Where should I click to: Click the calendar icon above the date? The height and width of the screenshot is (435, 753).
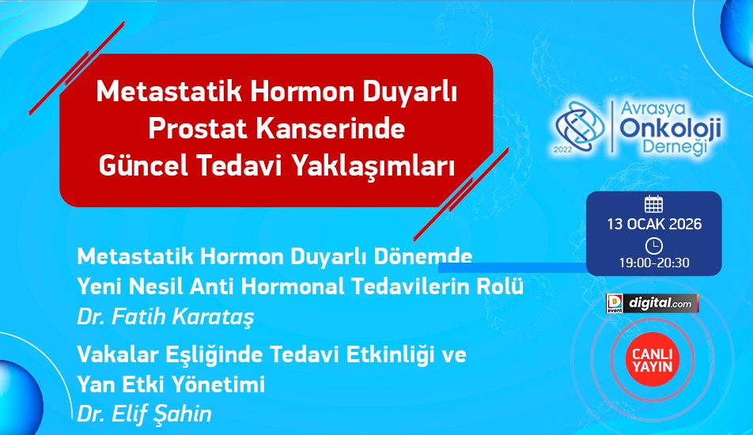653,204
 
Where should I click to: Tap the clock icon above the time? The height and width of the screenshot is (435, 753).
653,246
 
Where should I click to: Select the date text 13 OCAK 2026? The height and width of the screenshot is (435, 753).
654,224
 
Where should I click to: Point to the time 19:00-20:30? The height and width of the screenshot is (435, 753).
654,263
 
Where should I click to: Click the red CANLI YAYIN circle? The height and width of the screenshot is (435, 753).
652,360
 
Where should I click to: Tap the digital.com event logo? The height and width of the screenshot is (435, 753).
652,304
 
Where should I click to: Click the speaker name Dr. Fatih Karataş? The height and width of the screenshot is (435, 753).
165,317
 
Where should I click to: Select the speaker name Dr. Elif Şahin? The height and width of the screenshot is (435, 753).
144,414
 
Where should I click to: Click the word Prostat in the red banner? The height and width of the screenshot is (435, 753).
197,129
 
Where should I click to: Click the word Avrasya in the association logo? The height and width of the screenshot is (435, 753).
653,108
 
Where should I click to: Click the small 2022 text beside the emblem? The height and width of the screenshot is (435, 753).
563,149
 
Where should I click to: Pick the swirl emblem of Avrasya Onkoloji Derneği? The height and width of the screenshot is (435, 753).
580,127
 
